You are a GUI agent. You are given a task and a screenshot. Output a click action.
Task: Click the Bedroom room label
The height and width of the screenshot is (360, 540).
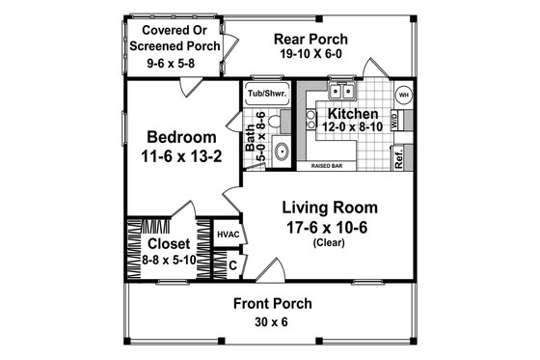pyautogui.click(x=179, y=134)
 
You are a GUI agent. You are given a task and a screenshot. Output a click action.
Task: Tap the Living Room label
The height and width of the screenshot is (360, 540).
pyautogui.click(x=329, y=208)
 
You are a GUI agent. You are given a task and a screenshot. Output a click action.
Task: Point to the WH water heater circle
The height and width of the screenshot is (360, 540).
pyautogui.click(x=404, y=95)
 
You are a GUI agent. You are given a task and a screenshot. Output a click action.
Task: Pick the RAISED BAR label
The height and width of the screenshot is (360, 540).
pyautogui.click(x=330, y=165)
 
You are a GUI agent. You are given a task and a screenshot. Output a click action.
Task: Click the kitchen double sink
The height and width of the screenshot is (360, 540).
pyautogui.click(x=341, y=93)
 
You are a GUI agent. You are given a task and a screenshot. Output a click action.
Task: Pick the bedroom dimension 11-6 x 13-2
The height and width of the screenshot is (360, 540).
pyautogui.click(x=179, y=154)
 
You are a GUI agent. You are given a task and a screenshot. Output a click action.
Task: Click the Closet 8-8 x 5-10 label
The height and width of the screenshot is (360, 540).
pyautogui.click(x=170, y=244)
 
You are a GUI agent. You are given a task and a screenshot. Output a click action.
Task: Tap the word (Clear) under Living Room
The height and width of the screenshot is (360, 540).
pyautogui.click(x=329, y=244)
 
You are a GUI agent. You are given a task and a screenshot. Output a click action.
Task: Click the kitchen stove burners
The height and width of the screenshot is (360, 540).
pyautogui.click(x=319, y=121)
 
